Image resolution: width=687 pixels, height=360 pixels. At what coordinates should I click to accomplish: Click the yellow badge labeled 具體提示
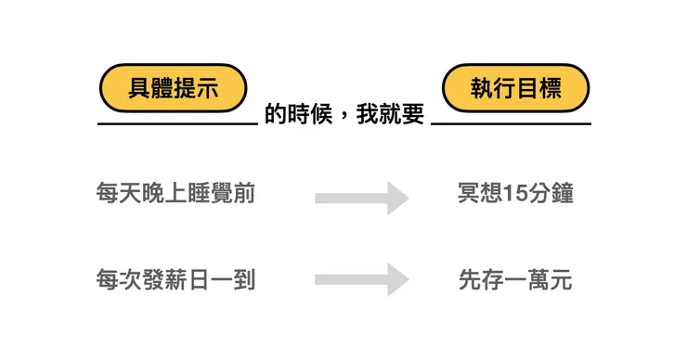(x=173, y=88)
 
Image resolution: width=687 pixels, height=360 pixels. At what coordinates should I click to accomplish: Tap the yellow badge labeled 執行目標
(x=515, y=88)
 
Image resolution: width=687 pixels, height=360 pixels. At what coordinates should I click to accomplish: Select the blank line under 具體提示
(x=176, y=123)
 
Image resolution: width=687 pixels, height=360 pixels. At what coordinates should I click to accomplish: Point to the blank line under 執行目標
(x=511, y=123)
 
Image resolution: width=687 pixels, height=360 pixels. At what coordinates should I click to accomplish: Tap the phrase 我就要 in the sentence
(x=392, y=114)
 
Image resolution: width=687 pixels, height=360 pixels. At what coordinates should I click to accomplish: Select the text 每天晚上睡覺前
(x=175, y=194)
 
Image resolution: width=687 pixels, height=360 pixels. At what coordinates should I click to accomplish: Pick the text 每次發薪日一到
(x=175, y=279)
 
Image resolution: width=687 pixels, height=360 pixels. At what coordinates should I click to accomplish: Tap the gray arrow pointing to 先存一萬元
(x=362, y=280)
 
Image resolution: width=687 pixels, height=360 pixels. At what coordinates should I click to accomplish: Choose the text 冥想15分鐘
(x=515, y=194)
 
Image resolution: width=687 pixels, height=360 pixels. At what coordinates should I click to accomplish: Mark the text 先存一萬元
(x=515, y=279)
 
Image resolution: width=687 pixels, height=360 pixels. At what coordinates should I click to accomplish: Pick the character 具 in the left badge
(x=139, y=88)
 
